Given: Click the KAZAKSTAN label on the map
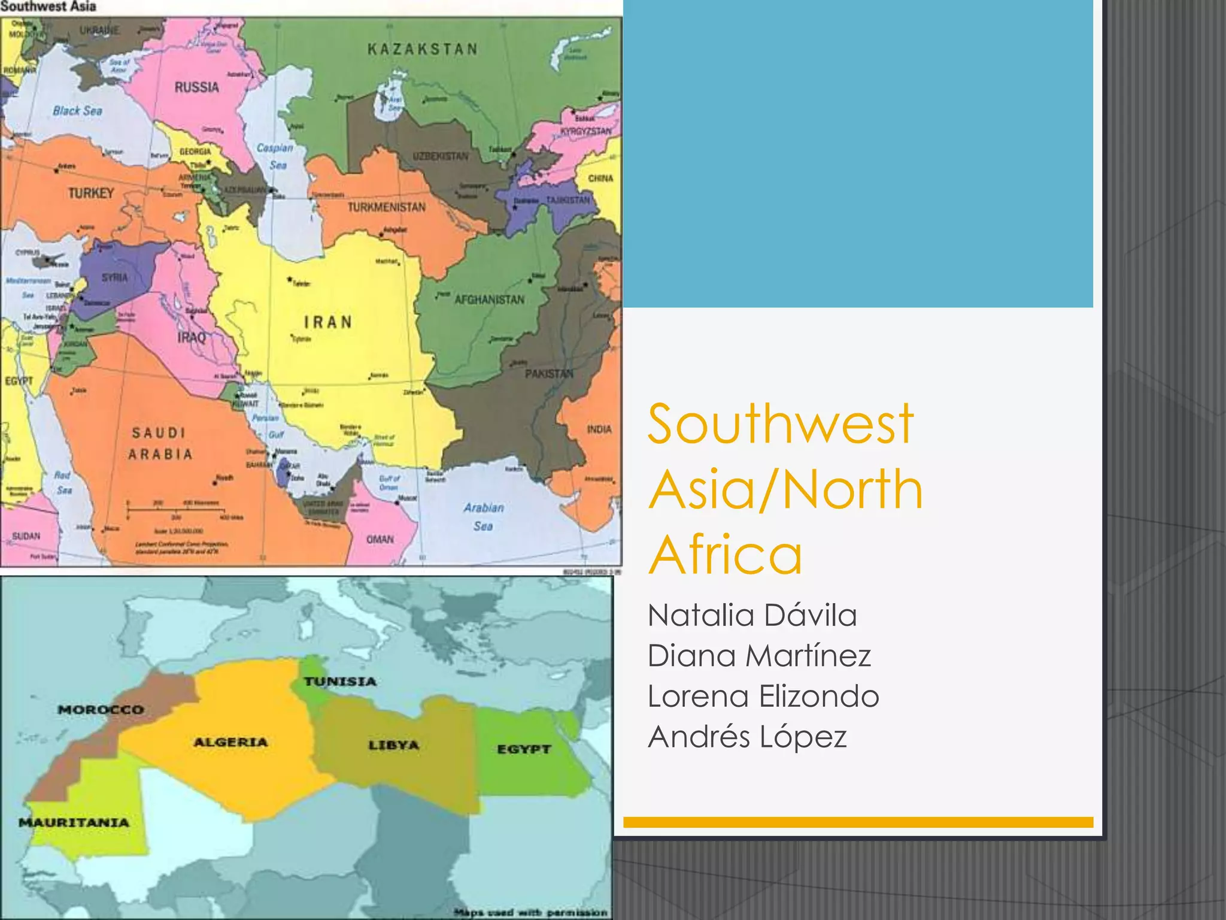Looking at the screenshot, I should coord(423,49).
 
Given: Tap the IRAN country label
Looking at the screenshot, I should coord(328,322).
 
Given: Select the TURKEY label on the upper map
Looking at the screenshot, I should coord(91,193).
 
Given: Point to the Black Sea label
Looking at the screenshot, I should coord(77,111).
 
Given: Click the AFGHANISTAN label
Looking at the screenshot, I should coord(489,299).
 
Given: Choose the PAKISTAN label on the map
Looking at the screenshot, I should coord(549,374).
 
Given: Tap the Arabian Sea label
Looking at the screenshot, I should coord(483,516).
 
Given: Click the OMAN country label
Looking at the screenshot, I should coord(380,539).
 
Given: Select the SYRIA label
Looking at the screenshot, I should coord(114,277).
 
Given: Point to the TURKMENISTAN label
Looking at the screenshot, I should coord(387,207).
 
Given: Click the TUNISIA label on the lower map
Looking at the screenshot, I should coord(340,682).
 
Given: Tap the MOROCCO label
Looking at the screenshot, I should coord(101,710).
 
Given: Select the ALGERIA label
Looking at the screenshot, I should coord(230,742).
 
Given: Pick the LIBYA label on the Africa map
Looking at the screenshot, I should coord(393,745).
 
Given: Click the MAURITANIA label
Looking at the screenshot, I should coord(74,822).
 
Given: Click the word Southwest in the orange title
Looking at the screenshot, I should coord(781,424).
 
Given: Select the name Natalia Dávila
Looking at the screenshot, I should coord(752,615).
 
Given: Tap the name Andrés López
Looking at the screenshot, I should coord(747,736).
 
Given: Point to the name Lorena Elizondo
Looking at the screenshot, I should coord(763,696).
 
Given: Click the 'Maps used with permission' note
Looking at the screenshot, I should coord(531,912).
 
